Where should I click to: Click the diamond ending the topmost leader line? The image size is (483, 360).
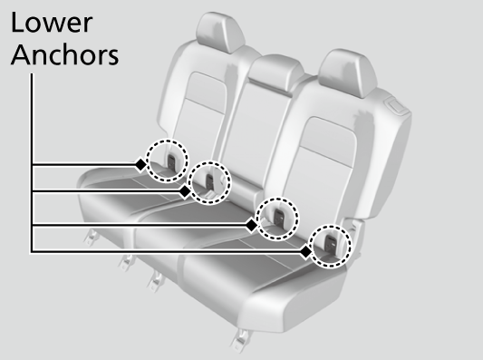(x=140, y=165)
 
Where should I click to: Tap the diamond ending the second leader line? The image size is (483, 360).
(x=186, y=192)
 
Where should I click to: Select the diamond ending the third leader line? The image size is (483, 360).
(x=251, y=223)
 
